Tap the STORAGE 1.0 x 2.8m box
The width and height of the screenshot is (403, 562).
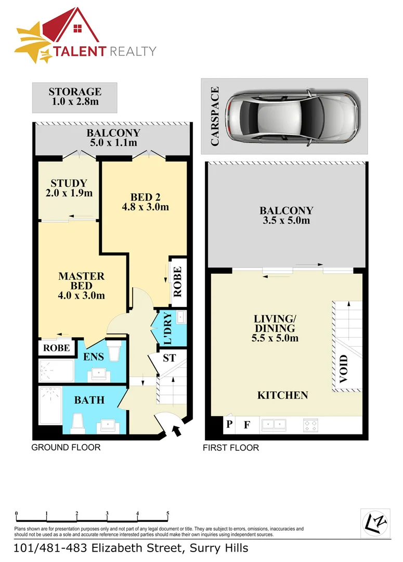coord(74,97)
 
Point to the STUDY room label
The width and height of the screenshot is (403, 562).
coord(69,188)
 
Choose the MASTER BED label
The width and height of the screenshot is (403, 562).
coord(82,286)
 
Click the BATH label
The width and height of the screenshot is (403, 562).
coord(89,400)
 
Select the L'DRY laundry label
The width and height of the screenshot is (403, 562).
coord(167,329)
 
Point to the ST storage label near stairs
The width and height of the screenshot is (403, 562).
coord(169,358)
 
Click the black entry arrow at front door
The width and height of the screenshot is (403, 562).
coord(177,430)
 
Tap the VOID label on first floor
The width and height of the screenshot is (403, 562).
coord(343,369)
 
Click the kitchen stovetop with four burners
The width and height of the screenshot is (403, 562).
coord(311,426)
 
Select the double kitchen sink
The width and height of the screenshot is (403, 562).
coord(274,425)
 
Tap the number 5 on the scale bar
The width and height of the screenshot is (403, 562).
coord(167,514)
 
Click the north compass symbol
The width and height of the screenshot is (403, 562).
coord(375,522)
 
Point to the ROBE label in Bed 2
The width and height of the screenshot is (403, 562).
coord(177,282)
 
